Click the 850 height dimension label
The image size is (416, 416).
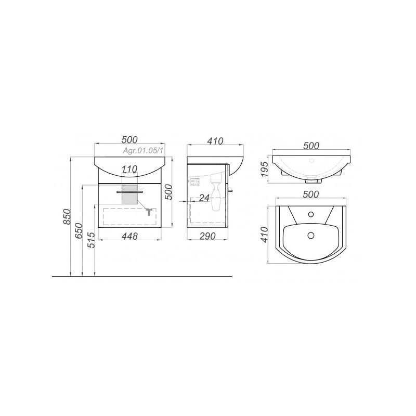67,216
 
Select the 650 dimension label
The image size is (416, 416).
79,231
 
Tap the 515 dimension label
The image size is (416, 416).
92,240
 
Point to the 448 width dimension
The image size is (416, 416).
129,236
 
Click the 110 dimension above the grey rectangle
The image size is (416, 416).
129,168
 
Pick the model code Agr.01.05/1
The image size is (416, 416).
142,150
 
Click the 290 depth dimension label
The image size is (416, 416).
207,236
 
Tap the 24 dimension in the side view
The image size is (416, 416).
204,198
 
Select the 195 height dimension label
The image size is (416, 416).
265,170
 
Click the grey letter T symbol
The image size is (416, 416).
149,212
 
